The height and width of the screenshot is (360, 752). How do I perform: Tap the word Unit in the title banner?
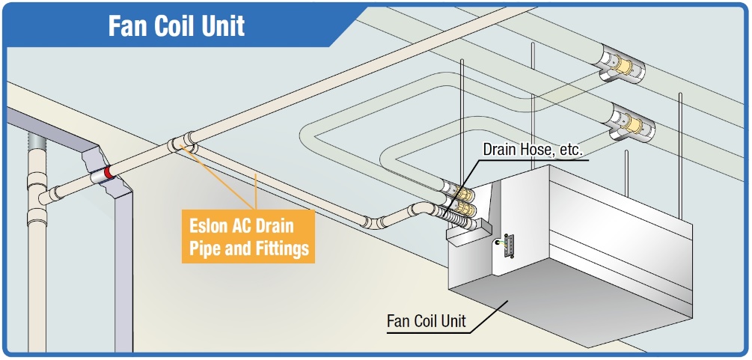(224, 26)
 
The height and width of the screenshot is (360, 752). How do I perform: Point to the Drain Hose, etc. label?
(532, 150)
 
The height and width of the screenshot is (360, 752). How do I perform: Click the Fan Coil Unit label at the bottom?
(426, 322)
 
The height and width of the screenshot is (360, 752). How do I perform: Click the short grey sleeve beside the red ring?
(97, 177)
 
